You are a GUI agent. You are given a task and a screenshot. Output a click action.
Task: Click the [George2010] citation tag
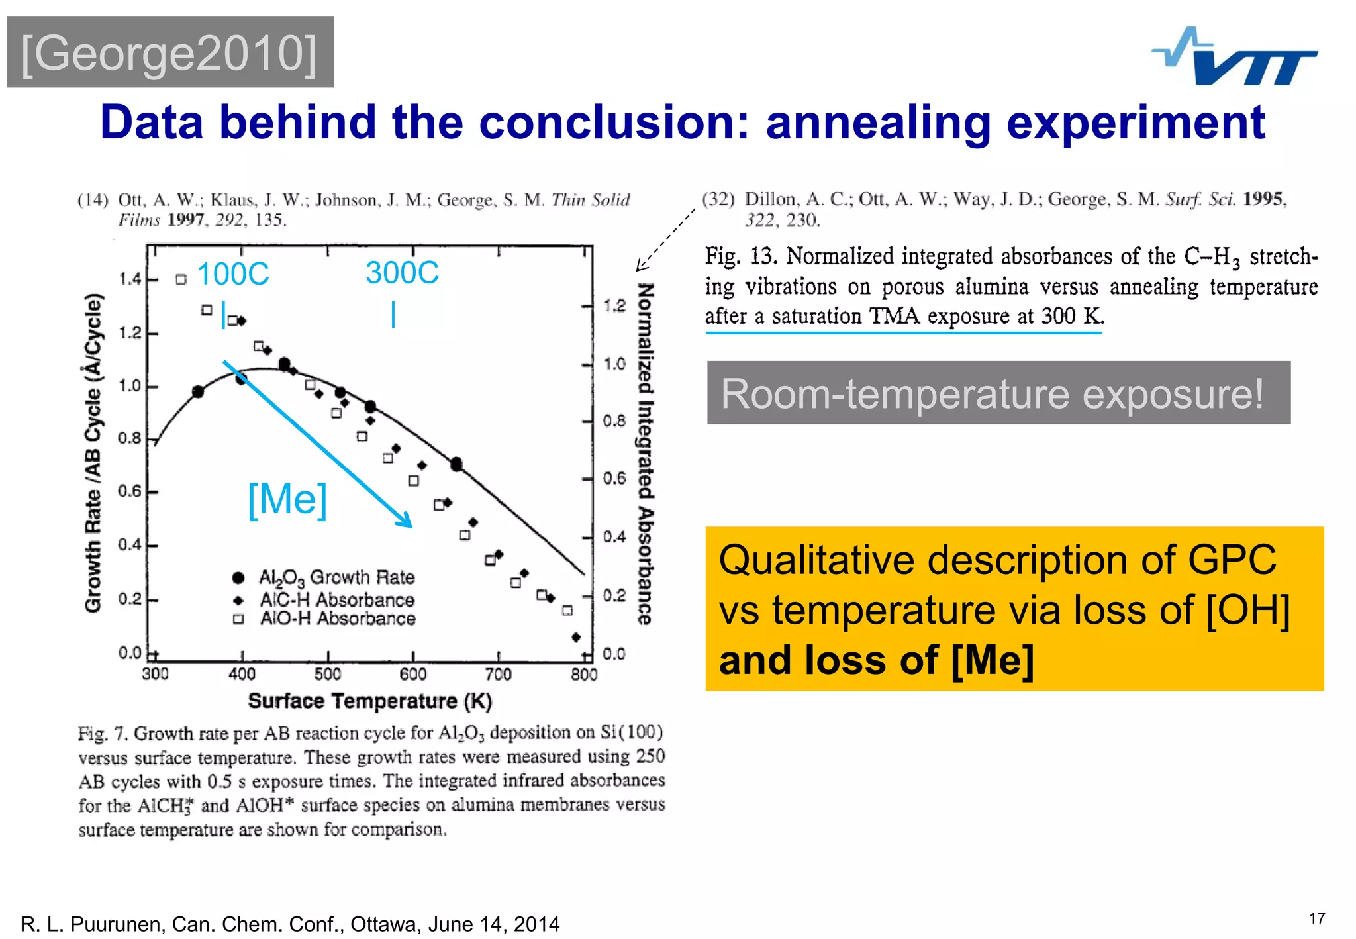pos(169,53)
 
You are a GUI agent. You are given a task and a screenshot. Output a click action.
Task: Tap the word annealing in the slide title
pos(878,123)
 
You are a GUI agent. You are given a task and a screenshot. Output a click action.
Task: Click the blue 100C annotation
pos(233,274)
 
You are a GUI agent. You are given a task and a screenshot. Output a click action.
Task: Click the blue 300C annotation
pos(402,273)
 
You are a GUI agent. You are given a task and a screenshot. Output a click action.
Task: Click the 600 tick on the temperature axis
pos(412,674)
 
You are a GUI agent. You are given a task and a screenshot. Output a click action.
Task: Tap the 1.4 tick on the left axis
pos(130,279)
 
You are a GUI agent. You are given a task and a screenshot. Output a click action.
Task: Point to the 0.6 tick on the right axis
pos(614,479)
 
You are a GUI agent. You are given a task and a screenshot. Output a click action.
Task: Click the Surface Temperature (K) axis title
pos(369,701)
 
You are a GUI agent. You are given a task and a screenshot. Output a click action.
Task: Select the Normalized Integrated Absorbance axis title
pos(646,454)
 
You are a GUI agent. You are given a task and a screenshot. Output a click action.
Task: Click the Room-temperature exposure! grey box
pos(998,393)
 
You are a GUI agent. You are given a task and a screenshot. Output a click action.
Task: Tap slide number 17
pos(1316,918)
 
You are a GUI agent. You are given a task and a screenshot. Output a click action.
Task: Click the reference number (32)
pos(718,199)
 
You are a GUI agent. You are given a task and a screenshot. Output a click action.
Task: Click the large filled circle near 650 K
pos(456,464)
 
